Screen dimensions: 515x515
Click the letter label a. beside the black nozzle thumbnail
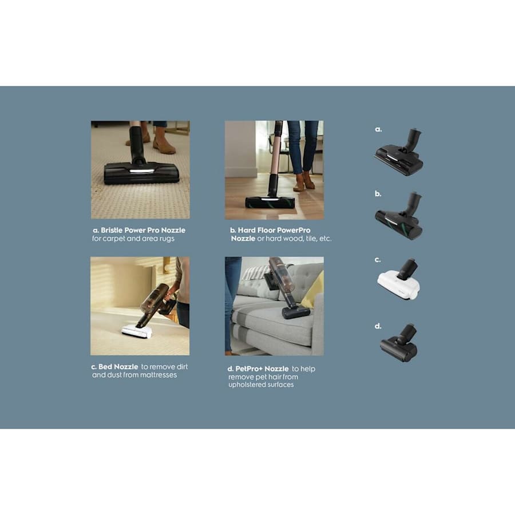pos(378,129)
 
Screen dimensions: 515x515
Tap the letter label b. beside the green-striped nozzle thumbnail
pos(378,194)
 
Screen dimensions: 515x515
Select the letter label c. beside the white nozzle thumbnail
pos(378,260)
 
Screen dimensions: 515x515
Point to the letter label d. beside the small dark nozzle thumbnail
pos(378,326)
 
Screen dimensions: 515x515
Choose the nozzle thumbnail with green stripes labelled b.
pos(399,216)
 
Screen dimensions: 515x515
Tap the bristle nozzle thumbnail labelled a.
pos(399,152)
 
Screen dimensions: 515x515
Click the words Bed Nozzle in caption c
pos(118,367)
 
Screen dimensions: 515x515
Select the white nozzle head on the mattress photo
pos(137,331)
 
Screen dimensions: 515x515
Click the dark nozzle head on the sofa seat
pos(296,312)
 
